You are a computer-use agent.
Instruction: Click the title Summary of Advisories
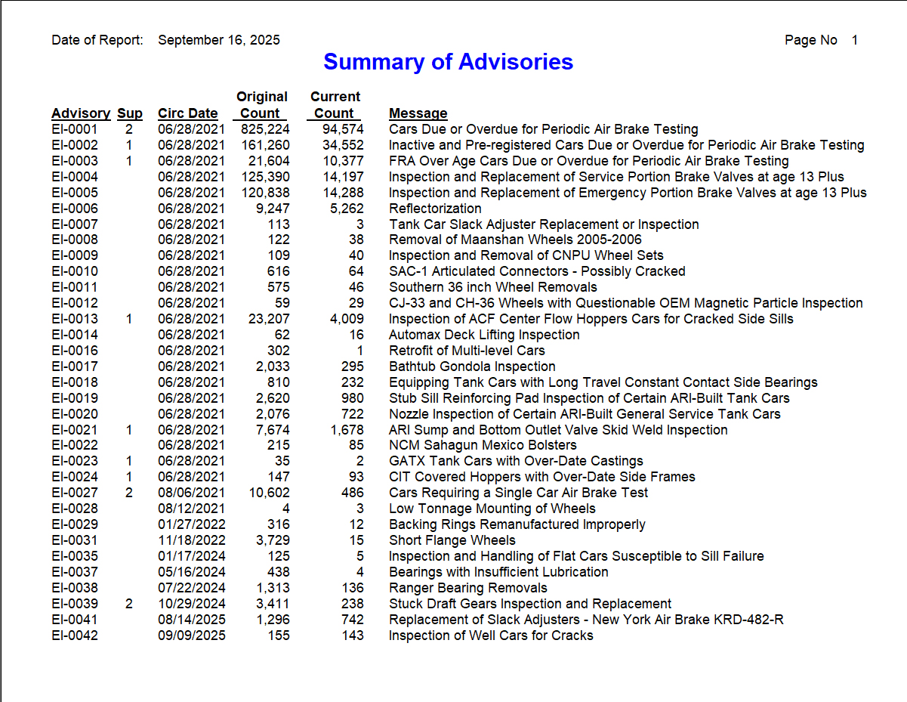[448, 62]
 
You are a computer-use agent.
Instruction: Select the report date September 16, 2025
[218, 40]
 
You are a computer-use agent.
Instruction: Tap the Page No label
[810, 40]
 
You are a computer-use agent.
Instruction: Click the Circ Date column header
[187, 113]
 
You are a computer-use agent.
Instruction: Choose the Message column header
[418, 113]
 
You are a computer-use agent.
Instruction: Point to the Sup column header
[129, 113]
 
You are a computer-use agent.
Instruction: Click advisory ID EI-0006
[75, 209]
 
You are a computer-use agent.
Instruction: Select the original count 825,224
[265, 129]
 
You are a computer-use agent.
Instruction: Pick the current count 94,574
[343, 129]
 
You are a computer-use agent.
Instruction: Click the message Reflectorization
[435, 209]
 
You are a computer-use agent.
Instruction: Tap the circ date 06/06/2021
[191, 477]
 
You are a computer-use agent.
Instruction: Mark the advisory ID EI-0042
[75, 636]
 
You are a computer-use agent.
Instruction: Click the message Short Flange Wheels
[452, 540]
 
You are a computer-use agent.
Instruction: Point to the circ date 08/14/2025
[191, 620]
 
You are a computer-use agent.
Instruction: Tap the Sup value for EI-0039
[129, 604]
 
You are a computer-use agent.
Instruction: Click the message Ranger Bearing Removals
[467, 588]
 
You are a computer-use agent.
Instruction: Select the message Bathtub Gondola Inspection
[472, 366]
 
